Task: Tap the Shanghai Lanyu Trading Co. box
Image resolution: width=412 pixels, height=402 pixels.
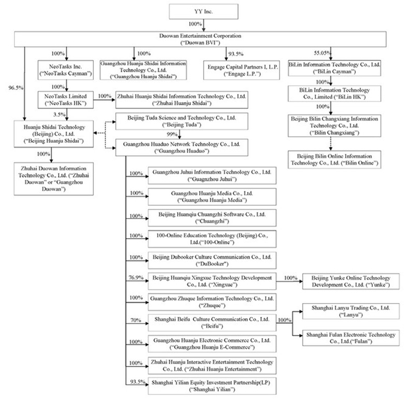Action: [x=348, y=311]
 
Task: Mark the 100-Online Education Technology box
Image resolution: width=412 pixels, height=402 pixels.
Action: [x=213, y=239]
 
